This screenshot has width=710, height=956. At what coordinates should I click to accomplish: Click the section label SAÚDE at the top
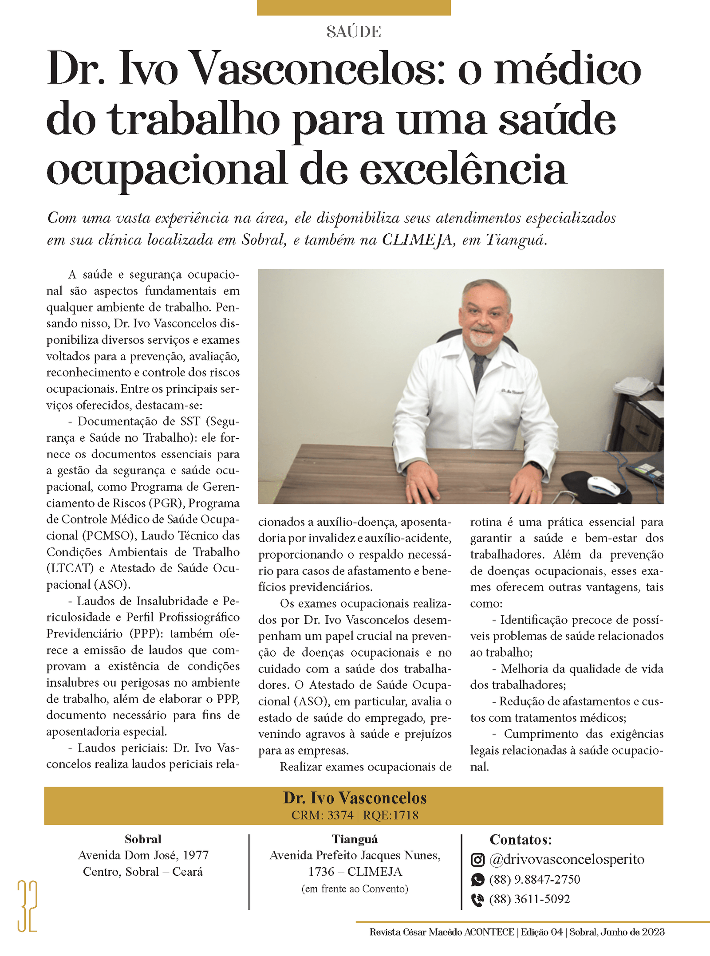(x=354, y=32)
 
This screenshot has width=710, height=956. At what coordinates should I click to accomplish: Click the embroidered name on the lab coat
(x=512, y=391)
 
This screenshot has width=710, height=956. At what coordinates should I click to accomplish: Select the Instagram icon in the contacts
(x=477, y=860)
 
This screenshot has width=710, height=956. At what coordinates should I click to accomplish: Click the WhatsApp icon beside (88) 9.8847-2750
(x=477, y=879)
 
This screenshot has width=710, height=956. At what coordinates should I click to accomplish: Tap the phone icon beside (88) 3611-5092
(x=477, y=899)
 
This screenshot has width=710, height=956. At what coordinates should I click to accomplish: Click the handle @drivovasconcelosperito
(x=567, y=859)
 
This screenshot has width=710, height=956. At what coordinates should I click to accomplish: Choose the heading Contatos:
(x=521, y=840)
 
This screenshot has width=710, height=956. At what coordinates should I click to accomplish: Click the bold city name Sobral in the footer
(x=143, y=839)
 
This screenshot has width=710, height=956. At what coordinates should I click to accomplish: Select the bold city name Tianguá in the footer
(x=355, y=839)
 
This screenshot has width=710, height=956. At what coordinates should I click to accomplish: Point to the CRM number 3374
(x=340, y=815)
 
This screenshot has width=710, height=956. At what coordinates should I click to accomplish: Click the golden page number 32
(x=27, y=906)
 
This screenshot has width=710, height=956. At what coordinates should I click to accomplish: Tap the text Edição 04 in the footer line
(x=541, y=932)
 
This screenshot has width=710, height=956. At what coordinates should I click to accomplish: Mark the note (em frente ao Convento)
(x=355, y=889)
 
